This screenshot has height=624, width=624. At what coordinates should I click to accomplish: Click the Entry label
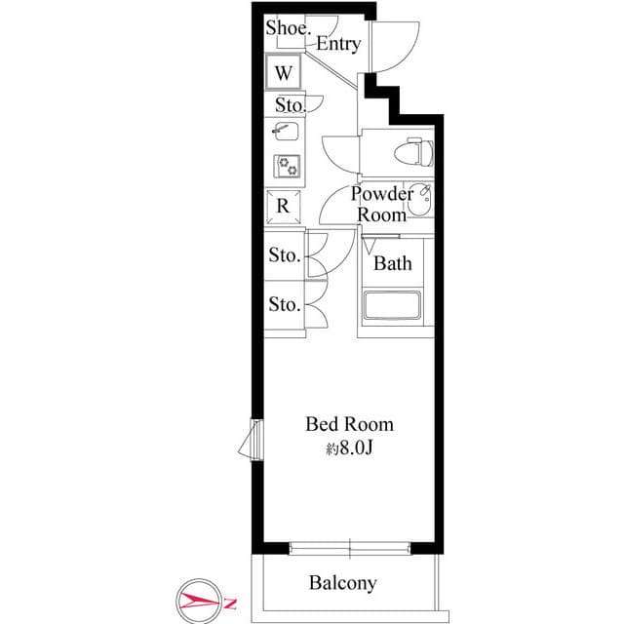pyautogui.click(x=338, y=44)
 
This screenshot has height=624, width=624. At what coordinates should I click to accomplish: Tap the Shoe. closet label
pyautogui.click(x=289, y=27)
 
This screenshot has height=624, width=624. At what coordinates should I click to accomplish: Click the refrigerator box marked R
pyautogui.click(x=284, y=206)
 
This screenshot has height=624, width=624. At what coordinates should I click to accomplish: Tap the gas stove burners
pyautogui.click(x=287, y=167)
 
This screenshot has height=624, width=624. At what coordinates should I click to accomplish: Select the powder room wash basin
pyautogui.click(x=420, y=199)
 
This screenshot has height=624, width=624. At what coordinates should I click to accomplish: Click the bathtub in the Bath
pyautogui.click(x=392, y=306)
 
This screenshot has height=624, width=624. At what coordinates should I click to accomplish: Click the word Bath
pyautogui.click(x=393, y=263)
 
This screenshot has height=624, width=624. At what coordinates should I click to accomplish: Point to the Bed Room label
pyautogui.click(x=349, y=424)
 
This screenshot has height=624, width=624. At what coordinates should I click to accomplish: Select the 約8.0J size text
pyautogui.click(x=349, y=448)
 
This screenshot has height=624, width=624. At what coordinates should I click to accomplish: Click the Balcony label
pyautogui.click(x=342, y=583)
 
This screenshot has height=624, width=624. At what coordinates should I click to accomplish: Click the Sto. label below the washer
pyautogui.click(x=290, y=104)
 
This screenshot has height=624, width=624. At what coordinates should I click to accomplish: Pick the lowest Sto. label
pyautogui.click(x=284, y=305)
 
